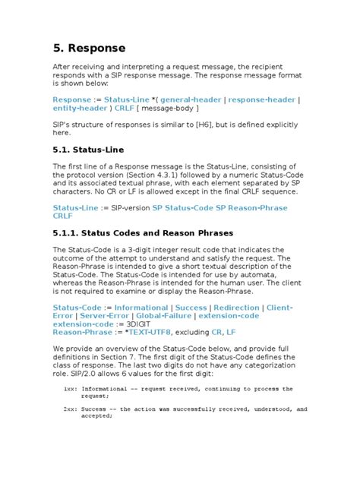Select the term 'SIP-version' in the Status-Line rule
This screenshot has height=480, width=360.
(x=126, y=207)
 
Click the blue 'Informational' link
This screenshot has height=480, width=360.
(x=141, y=308)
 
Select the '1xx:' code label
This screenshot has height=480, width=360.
(x=71, y=389)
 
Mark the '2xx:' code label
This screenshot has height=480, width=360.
(x=71, y=409)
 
